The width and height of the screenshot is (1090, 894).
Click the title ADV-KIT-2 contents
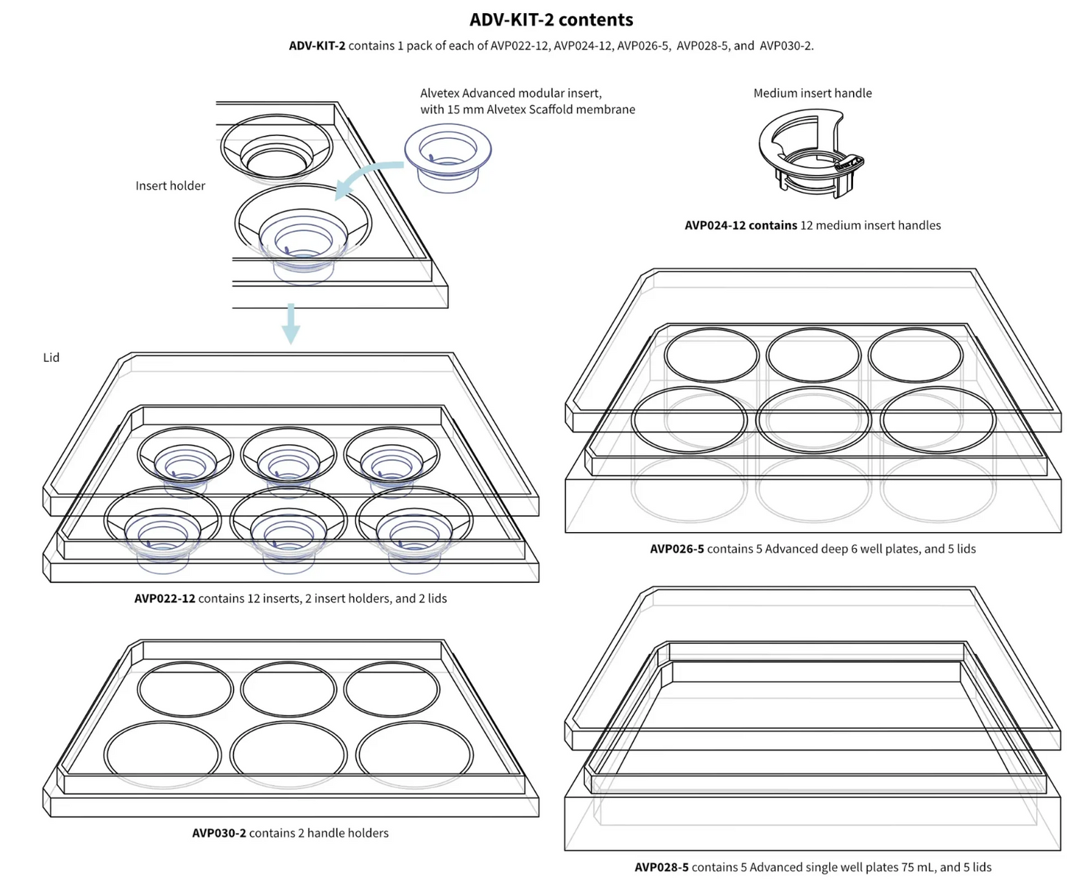(x=551, y=20)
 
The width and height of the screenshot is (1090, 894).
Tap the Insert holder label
(x=170, y=185)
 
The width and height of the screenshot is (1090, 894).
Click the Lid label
(x=51, y=357)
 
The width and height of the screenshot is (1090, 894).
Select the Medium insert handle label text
(x=812, y=93)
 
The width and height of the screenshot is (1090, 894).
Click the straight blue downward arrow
(x=291, y=323)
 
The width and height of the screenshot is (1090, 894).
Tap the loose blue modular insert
(x=448, y=156)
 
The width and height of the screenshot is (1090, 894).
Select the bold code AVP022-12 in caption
(x=164, y=598)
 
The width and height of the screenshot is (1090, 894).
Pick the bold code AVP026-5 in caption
(x=677, y=549)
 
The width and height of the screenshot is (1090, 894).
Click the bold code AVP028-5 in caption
(x=661, y=867)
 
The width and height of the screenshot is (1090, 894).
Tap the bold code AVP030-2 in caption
(x=219, y=833)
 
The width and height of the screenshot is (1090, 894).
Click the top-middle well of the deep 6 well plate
(x=813, y=355)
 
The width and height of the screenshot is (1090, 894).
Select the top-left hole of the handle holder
(x=185, y=689)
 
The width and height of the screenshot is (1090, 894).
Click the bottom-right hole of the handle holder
(x=414, y=754)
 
